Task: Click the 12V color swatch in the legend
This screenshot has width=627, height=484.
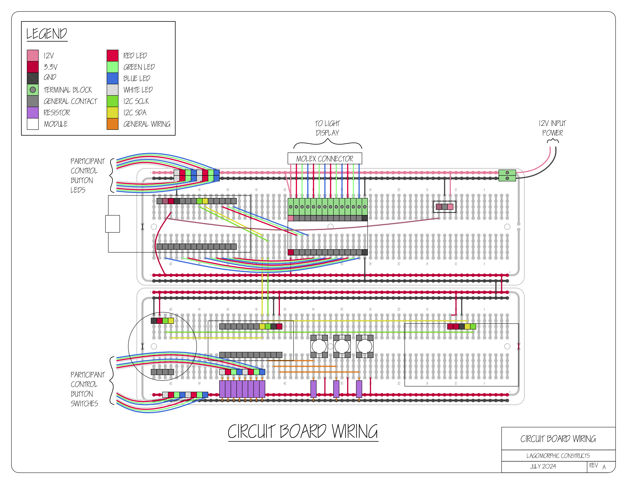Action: (x=33, y=55)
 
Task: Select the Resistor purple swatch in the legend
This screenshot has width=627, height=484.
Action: (x=33, y=112)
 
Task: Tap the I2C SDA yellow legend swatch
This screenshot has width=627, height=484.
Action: (x=112, y=112)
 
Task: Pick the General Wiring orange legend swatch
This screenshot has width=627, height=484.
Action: (x=112, y=124)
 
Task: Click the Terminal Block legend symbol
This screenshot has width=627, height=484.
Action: (x=33, y=90)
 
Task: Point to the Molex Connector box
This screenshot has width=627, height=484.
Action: (x=325, y=158)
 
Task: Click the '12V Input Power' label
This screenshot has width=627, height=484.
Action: (x=552, y=128)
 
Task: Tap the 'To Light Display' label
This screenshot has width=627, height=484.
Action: (x=327, y=128)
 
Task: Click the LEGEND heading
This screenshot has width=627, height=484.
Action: (x=47, y=34)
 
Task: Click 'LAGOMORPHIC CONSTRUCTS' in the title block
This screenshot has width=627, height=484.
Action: (x=558, y=456)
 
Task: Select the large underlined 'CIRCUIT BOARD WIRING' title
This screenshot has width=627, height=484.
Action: (x=303, y=432)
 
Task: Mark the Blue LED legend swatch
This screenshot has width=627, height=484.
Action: (x=112, y=78)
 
